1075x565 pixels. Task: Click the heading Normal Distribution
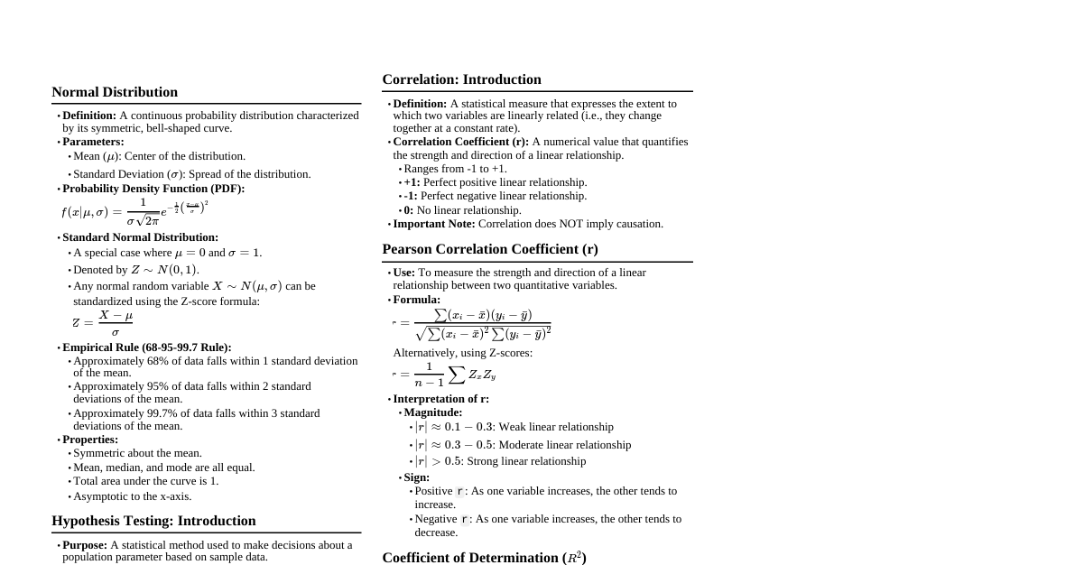tap(115, 92)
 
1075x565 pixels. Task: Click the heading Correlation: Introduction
tap(461, 79)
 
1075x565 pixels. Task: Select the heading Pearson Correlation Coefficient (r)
tap(489, 249)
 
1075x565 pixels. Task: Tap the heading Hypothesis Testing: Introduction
tap(153, 521)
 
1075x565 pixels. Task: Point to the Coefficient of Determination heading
tap(484, 558)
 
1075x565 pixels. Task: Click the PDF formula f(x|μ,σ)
tap(134, 212)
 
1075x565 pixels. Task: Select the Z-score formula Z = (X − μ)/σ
tap(103, 322)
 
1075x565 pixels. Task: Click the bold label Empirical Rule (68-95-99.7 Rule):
tap(146, 347)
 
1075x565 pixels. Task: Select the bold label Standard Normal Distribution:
tap(140, 237)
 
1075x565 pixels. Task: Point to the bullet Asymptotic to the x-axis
tap(132, 496)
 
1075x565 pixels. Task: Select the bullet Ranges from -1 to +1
tap(455, 169)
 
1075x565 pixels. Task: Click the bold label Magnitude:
tap(432, 412)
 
